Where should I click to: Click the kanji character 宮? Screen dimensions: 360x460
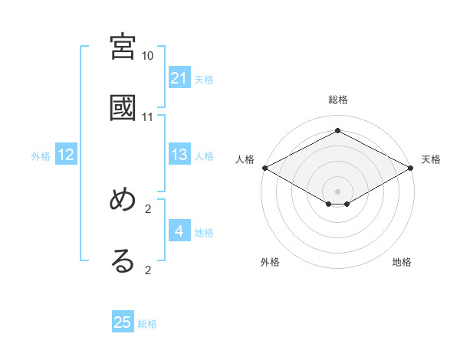pos(123,47)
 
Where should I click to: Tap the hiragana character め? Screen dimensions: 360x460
pos(123,200)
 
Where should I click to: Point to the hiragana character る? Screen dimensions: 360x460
pos(123,260)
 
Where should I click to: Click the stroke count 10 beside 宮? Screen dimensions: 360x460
pos(148,56)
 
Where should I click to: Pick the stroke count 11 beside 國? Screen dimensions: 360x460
pos(148,116)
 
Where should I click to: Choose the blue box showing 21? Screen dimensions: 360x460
pos(179,78)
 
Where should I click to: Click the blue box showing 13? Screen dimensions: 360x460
pos(179,155)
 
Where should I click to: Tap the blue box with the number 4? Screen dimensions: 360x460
pos(179,231)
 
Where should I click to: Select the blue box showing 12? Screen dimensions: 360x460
pos(66,155)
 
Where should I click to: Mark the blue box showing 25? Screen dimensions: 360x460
pos(123,322)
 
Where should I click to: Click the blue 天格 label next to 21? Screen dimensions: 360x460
pos(204,80)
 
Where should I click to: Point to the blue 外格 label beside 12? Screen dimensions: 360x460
pos(41,156)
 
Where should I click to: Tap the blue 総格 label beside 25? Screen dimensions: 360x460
pos(147,324)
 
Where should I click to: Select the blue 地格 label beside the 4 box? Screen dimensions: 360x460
pos(204,233)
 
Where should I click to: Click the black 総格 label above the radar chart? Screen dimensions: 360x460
pos(338,100)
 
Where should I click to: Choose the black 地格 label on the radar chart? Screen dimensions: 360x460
pos(402,262)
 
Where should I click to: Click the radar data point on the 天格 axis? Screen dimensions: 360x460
pos(412,168)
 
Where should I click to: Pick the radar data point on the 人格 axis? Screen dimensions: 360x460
pos(264,168)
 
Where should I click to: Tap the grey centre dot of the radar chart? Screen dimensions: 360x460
pos(338,191)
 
